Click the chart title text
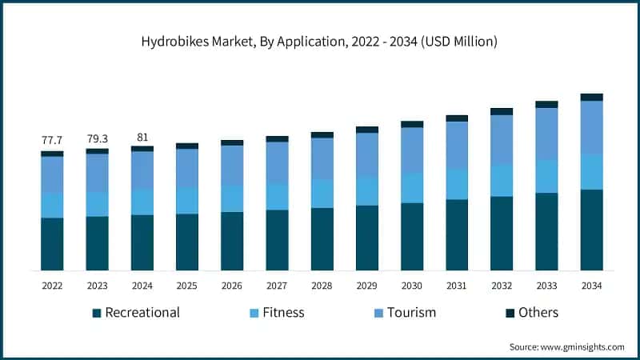click(x=319, y=42)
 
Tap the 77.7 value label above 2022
click(x=52, y=141)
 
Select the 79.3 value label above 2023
click(x=97, y=139)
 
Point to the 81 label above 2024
click(x=142, y=137)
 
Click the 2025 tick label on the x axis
click(x=187, y=286)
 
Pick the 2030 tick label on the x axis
click(x=412, y=286)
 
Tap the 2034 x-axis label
click(x=591, y=286)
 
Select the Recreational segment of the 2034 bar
click(x=591, y=230)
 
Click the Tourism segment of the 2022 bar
click(x=52, y=174)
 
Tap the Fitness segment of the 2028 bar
click(x=322, y=194)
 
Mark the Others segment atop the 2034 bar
click(x=591, y=97)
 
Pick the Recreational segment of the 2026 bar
click(x=232, y=241)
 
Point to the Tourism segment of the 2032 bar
click(x=502, y=140)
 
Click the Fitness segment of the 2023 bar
click(x=97, y=204)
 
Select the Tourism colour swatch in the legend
click(x=377, y=313)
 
